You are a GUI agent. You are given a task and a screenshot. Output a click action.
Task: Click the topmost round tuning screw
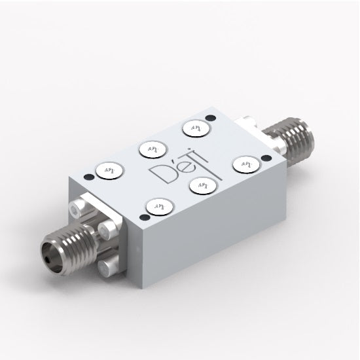tap(194, 128)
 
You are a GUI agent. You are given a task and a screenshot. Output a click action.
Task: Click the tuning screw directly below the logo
tap(200, 187)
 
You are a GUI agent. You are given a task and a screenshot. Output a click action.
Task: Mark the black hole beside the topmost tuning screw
tap(209, 118)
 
